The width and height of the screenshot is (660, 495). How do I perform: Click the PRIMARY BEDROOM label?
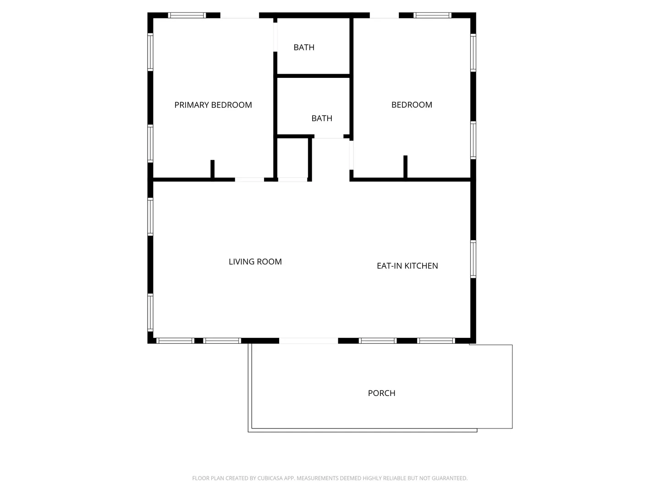213,105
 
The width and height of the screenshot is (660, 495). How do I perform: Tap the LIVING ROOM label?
255,262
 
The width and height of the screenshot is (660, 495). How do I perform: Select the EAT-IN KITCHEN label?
407,266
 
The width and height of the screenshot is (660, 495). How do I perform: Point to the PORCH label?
381,393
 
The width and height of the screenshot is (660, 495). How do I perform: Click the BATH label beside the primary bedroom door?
304,48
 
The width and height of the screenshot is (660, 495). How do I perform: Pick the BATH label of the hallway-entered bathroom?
322,118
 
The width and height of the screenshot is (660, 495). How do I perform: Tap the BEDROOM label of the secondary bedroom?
412,105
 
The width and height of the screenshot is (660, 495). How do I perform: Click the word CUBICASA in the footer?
270,478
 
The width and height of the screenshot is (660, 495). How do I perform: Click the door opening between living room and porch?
308,341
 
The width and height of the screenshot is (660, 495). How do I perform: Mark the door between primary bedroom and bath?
275,37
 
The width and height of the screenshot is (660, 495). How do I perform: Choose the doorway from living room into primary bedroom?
249,180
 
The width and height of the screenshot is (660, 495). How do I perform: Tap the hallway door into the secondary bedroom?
351,155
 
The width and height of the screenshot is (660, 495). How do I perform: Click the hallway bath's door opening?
329,137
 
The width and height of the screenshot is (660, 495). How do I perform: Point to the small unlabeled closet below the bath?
292,158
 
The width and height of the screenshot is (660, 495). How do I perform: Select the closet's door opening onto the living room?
292,180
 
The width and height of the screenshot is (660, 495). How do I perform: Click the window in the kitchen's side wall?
473,259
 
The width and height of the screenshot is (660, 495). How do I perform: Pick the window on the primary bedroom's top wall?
187,15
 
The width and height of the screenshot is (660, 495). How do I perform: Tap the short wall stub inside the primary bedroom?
212,169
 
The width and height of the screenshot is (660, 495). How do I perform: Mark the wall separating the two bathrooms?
313,76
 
